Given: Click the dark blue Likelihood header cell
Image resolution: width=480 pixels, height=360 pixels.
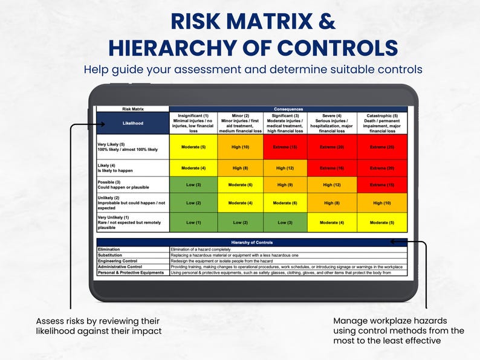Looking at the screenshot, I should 133,123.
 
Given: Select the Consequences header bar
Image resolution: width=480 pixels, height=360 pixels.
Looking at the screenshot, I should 288,109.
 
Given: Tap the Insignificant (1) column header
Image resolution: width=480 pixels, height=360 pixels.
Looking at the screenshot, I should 193,123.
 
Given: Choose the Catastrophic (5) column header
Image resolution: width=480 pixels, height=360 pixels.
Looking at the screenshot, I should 382,123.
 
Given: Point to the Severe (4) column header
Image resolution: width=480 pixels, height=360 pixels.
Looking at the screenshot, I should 332,123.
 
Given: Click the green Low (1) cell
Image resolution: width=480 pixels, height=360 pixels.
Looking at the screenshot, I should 193,223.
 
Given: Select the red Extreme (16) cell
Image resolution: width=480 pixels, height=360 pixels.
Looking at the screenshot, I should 332,168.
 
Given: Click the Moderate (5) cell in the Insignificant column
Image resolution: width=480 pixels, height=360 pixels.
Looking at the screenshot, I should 193,147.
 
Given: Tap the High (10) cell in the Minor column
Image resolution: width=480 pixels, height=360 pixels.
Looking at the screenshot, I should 241,147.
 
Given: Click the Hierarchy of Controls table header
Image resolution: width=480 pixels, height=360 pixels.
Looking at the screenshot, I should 252,242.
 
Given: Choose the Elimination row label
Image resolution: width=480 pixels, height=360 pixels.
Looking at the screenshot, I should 109,249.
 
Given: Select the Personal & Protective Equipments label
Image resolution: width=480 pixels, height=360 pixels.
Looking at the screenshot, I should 131,272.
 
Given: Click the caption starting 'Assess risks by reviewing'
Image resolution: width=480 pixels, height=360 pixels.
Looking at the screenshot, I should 98,326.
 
